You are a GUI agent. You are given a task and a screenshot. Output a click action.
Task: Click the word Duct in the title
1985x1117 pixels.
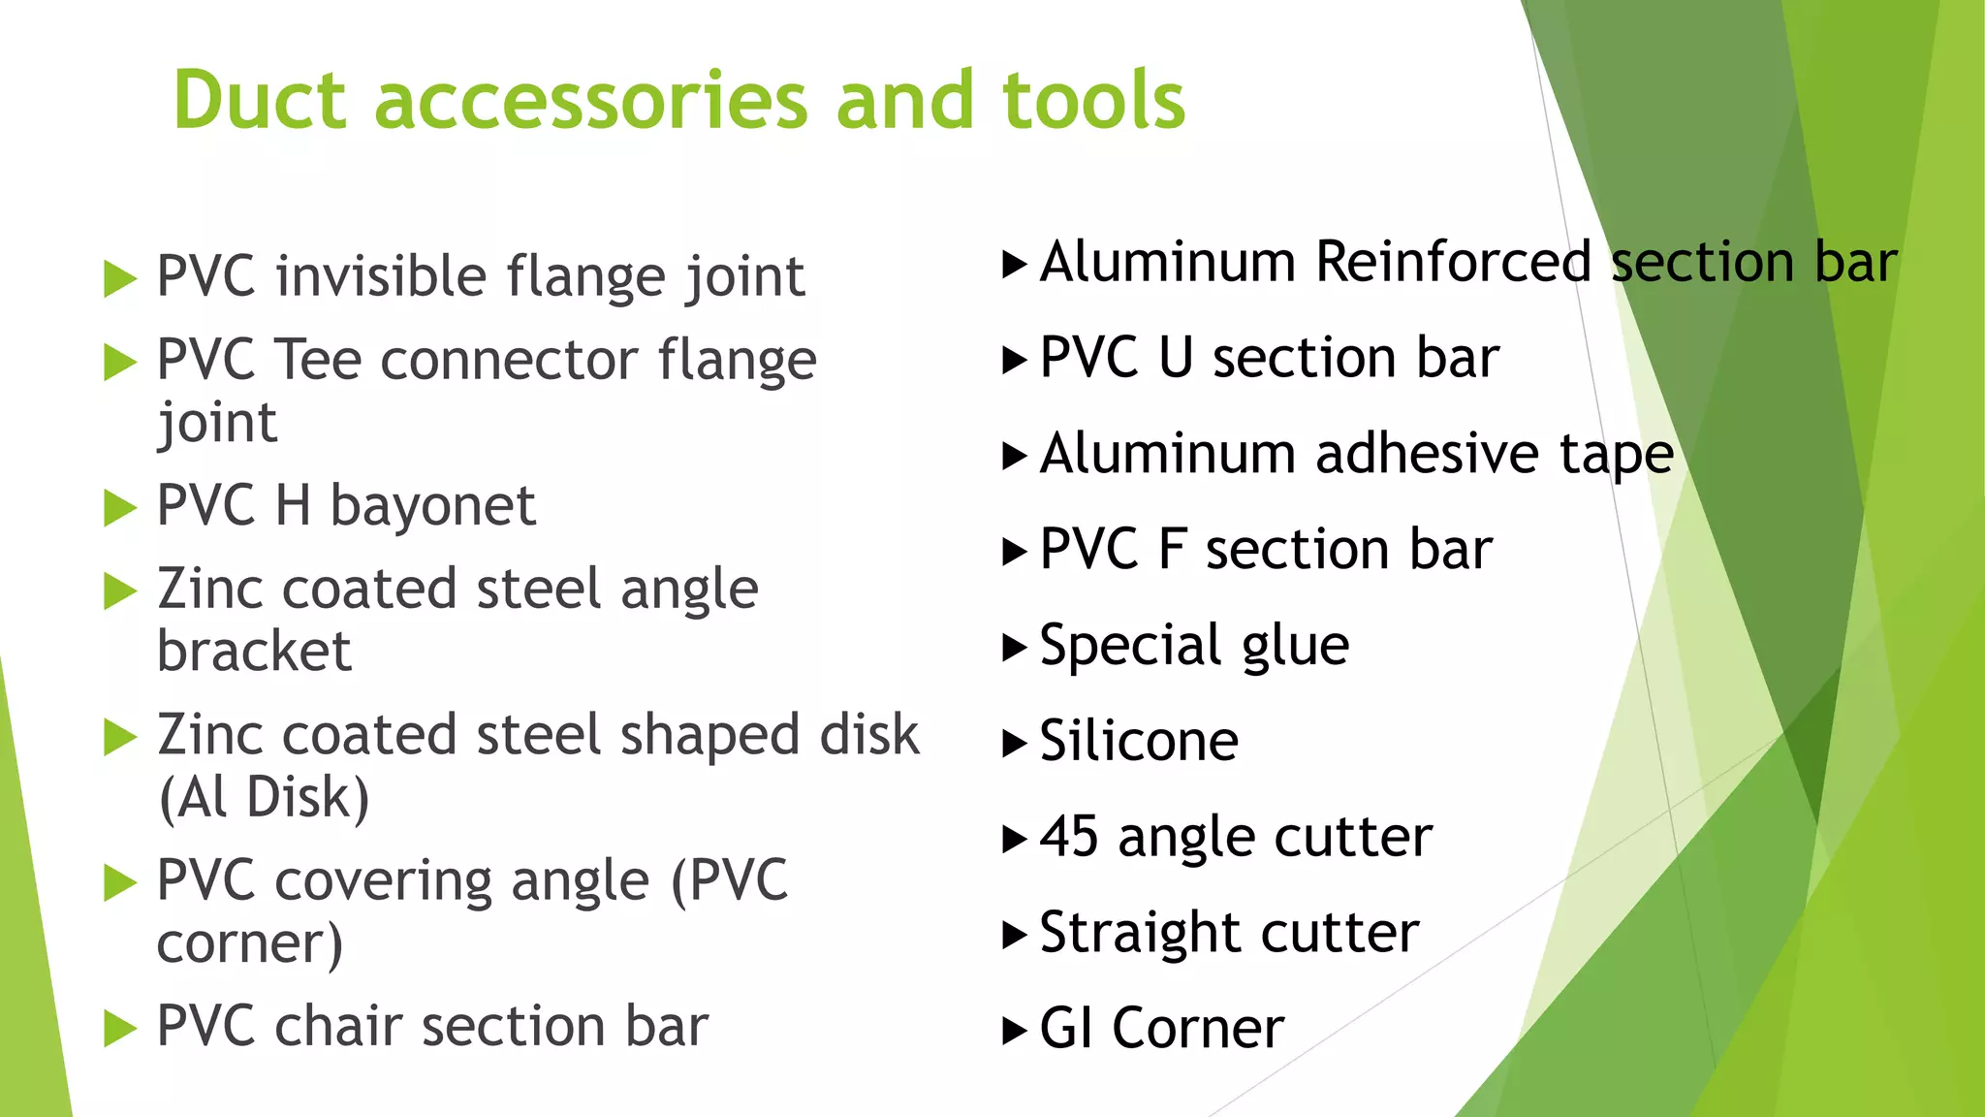pyautogui.click(x=259, y=100)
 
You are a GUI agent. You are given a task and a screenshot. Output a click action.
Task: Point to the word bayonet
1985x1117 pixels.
pyautogui.click(x=432, y=506)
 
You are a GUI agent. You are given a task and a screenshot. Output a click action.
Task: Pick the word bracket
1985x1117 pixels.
pyautogui.click(x=254, y=652)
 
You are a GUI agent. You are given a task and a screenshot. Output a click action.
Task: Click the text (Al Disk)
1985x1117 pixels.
pyautogui.click(x=264, y=798)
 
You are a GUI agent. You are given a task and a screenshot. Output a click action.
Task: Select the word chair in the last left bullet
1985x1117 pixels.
pyautogui.click(x=338, y=1026)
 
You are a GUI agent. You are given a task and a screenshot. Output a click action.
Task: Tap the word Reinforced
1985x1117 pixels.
pyautogui.click(x=1453, y=263)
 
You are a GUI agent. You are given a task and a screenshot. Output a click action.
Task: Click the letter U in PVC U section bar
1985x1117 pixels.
pyautogui.click(x=1175, y=358)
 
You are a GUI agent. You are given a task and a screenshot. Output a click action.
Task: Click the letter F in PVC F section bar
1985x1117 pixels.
pyautogui.click(x=1172, y=550)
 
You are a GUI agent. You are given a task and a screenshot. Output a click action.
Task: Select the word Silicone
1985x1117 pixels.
pyautogui.click(x=1139, y=742)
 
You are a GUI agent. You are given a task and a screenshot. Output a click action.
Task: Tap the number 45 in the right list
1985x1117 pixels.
pyautogui.click(x=1069, y=837)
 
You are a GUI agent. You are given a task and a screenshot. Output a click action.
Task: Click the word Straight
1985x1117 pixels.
pyautogui.click(x=1140, y=933)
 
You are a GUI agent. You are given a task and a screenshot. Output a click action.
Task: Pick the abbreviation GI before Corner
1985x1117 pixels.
pyautogui.click(x=1066, y=1029)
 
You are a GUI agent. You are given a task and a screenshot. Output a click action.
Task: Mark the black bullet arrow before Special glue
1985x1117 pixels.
pyautogui.click(x=1013, y=647)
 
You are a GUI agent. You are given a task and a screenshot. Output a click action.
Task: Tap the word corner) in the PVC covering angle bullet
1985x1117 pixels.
pyautogui.click(x=250, y=943)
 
